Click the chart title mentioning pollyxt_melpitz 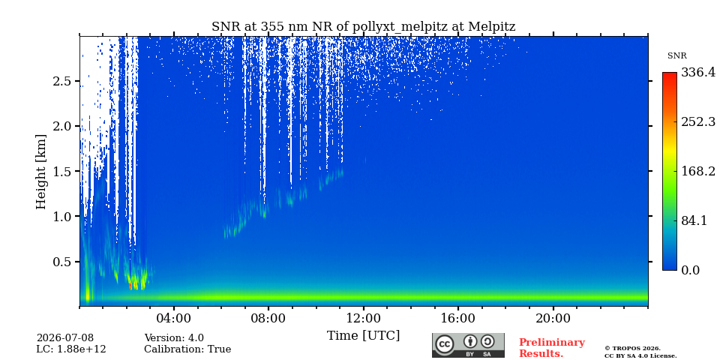click(363, 27)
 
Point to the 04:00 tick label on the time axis click(173, 319)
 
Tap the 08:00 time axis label click(268, 319)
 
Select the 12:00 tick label click(363, 319)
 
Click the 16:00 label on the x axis click(457, 319)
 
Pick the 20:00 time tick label click(553, 319)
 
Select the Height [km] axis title click(41, 172)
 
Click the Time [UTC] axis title click(363, 336)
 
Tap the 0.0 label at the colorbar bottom click(690, 270)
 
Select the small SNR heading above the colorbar click(676, 56)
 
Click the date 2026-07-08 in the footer click(65, 338)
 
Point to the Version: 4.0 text click(174, 338)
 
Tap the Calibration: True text click(187, 349)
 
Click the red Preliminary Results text click(552, 348)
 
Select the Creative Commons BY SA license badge click(468, 345)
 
